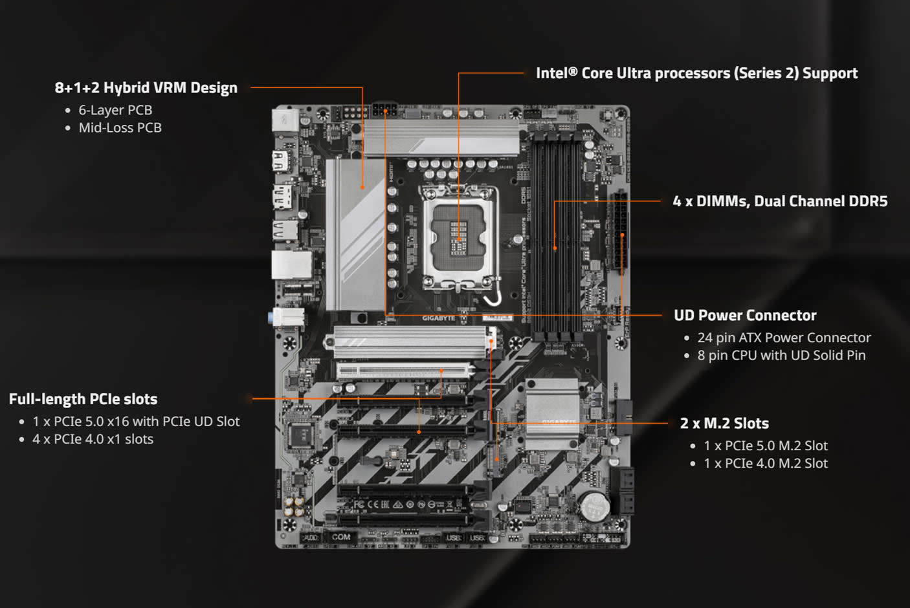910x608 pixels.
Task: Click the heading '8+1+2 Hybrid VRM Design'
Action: (x=146, y=88)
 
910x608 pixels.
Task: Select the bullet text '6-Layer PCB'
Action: (x=115, y=111)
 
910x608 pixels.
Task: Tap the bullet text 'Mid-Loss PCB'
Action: (x=120, y=128)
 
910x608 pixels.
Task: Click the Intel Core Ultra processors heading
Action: (x=696, y=74)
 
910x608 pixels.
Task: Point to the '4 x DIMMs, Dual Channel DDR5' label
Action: (x=780, y=202)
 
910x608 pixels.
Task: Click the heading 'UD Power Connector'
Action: (x=745, y=316)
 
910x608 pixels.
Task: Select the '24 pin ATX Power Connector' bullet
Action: (x=784, y=338)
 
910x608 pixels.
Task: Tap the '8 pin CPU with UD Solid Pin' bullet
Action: (x=781, y=356)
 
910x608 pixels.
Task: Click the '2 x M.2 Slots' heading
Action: (x=724, y=424)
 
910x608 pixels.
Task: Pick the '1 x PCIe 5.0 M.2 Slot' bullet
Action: (x=766, y=446)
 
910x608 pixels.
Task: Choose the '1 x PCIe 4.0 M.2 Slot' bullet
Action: (x=766, y=464)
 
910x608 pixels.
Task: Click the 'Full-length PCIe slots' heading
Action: (x=83, y=400)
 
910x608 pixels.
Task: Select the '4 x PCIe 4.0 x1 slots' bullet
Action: (x=93, y=440)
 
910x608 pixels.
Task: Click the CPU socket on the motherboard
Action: (x=458, y=237)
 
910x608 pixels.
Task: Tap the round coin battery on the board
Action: (x=594, y=505)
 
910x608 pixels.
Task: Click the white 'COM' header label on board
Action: (x=341, y=537)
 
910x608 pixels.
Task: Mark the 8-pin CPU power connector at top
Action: (x=384, y=110)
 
